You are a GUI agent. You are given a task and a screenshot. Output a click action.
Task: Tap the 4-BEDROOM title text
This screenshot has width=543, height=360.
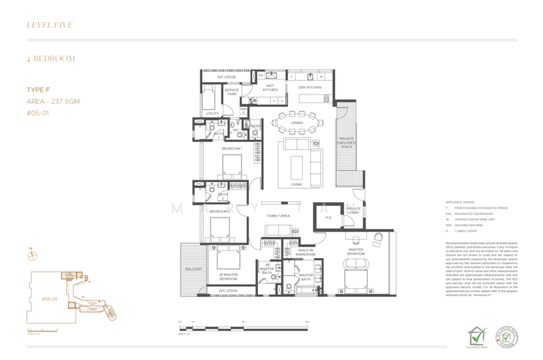pos(47,59)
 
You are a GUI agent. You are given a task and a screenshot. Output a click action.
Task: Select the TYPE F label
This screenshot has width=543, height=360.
pos(37,90)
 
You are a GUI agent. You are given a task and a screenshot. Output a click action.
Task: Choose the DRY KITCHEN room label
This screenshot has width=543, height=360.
pos(309,88)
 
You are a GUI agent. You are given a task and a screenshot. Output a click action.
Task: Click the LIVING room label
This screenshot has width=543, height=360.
pos(296,184)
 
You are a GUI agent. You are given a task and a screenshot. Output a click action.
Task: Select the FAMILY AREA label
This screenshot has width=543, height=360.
pos(278,215)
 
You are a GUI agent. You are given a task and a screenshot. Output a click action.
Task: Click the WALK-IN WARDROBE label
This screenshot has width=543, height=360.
pos(307,254)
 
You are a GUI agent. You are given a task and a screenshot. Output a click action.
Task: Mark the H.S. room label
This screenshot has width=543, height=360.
pos(327,218)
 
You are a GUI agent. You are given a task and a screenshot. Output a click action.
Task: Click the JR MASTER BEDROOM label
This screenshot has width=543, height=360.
pos(227,277)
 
